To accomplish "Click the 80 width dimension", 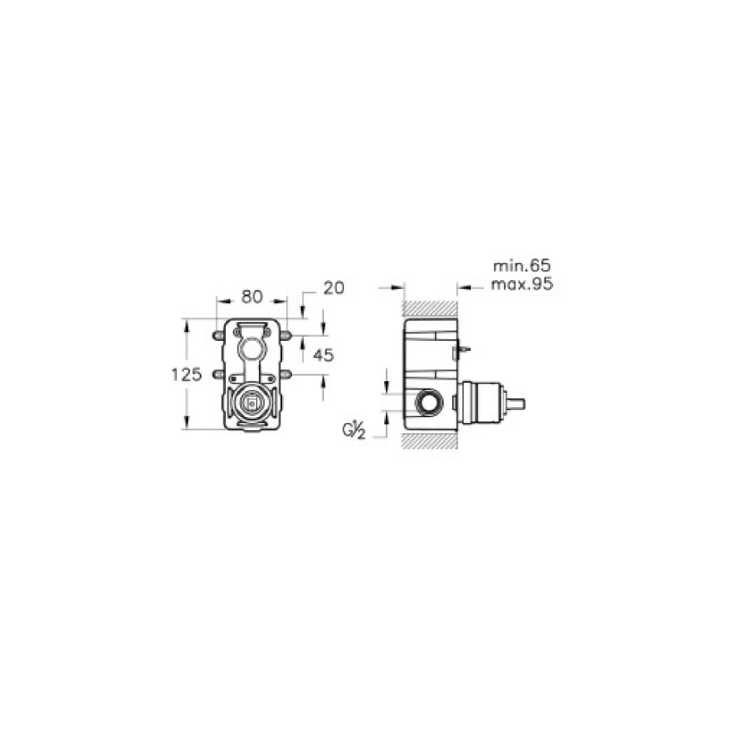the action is [252, 297].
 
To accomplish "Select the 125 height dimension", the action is [187, 375].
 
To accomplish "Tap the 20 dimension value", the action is [334, 288].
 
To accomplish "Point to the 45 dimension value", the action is [324, 355].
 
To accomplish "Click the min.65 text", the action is [522, 266].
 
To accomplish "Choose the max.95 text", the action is [522, 285].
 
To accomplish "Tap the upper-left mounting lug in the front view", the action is [218, 335].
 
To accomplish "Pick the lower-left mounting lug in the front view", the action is [218, 374].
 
